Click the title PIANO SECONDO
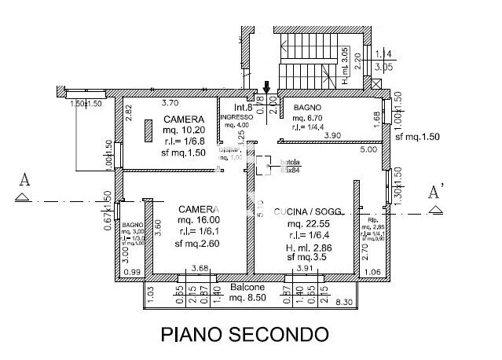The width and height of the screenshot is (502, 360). click(244, 334)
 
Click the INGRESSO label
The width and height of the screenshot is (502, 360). click(236, 116)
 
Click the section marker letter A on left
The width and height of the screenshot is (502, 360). click(24, 181)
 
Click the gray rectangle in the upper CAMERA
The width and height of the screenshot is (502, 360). click(148, 130)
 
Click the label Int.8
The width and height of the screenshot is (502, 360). click(243, 107)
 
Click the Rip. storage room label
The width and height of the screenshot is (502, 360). click(372, 221)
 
